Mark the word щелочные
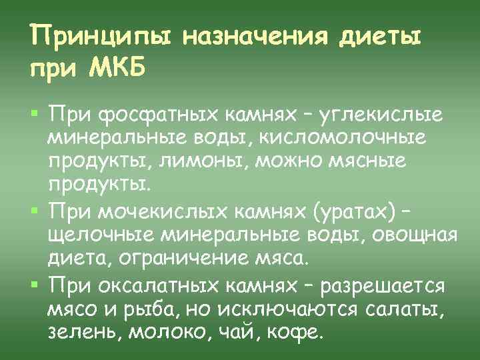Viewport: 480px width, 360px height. (x=94, y=237)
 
